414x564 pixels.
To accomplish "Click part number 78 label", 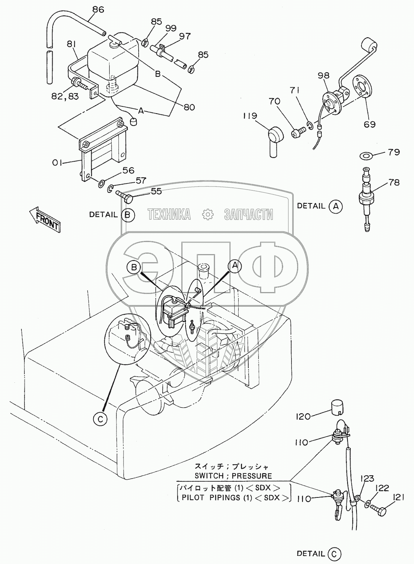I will [394, 182].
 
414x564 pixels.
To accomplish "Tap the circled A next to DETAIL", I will [335, 206].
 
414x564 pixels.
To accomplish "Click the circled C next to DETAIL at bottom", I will [334, 553].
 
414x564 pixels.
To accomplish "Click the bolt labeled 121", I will [377, 510].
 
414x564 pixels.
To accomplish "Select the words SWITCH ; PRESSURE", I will [233, 475].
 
